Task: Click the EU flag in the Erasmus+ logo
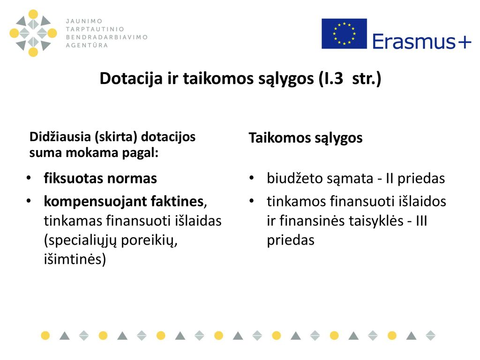pyautogui.click(x=344, y=34)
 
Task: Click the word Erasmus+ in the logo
pyautogui.click(x=422, y=41)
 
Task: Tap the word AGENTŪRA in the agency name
pyautogui.click(x=87, y=45)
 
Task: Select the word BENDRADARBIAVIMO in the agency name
pyautogui.click(x=107, y=37)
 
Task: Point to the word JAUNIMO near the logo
pyautogui.click(x=84, y=21)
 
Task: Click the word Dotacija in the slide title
pyautogui.click(x=131, y=78)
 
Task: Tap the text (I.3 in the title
pyautogui.click(x=331, y=79)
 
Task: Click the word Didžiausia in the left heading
pyautogui.click(x=60, y=136)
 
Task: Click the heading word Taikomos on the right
pyautogui.click(x=279, y=138)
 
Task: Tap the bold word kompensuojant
pyautogui.click(x=91, y=202)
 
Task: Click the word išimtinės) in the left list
pyautogui.click(x=75, y=259)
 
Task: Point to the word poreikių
pyautogui.click(x=150, y=240)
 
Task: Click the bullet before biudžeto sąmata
pyautogui.click(x=252, y=178)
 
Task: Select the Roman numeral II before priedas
pyautogui.click(x=390, y=178)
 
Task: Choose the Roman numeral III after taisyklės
pyautogui.click(x=421, y=221)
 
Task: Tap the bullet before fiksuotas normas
pyautogui.click(x=29, y=178)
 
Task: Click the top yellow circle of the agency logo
pyautogui.click(x=33, y=14)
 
